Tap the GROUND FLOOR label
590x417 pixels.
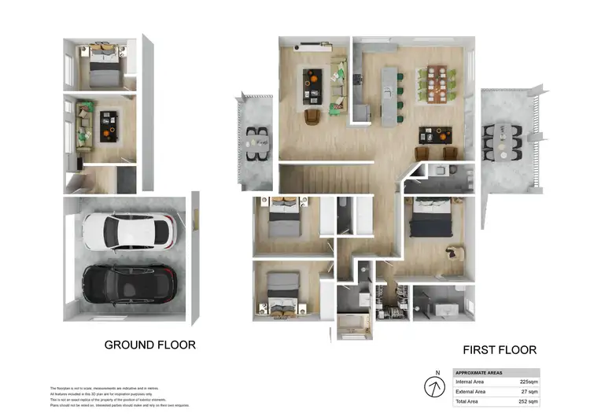click(150, 345)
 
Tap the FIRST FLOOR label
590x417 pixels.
click(499, 350)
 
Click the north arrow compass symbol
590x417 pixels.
click(432, 387)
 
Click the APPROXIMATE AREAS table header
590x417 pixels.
click(481, 373)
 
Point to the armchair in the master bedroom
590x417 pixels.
click(454, 253)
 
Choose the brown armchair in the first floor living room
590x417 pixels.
click(312, 116)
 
